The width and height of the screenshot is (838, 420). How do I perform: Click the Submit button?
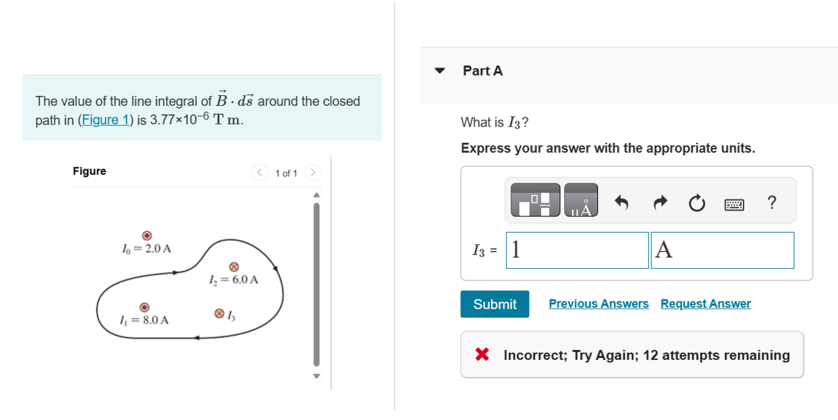(494, 304)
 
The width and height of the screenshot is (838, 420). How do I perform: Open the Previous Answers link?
(598, 304)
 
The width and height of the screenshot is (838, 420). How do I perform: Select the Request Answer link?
(705, 304)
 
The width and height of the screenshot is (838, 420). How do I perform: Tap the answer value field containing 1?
(577, 250)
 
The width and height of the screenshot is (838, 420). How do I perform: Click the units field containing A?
(722, 250)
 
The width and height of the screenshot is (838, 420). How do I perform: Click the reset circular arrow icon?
(696, 203)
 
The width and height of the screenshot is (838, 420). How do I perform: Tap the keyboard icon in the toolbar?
(734, 203)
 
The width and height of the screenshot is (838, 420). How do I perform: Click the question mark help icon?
(772, 203)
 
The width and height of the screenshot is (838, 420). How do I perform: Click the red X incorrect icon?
(482, 355)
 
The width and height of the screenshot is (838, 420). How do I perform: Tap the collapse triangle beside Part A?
(440, 71)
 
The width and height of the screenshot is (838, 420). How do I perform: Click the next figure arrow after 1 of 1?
(312, 173)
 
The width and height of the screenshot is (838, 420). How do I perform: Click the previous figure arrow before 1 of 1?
(260, 173)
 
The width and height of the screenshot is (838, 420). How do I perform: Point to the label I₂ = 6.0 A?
(234, 279)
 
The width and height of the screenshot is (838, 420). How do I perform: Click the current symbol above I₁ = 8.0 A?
(144, 306)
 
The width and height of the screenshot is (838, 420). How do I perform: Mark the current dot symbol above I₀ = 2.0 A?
(146, 236)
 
